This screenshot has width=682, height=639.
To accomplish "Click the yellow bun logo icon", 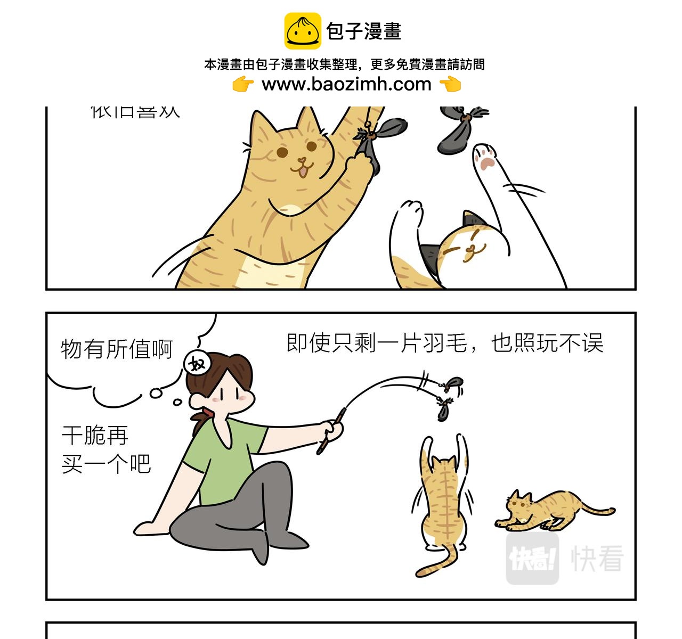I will click(303, 31).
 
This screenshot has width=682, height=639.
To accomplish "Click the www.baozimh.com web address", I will click(346, 84).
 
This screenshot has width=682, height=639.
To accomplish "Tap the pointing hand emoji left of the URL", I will click(243, 84).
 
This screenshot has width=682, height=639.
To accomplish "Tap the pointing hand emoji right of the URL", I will click(450, 84).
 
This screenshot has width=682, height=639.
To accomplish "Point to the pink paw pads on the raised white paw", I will click(485, 159).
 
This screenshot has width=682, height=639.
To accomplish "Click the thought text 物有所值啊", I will click(117, 349).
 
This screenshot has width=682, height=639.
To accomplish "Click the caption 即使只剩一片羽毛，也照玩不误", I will click(445, 343).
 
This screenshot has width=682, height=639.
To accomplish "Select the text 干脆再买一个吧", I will click(106, 450).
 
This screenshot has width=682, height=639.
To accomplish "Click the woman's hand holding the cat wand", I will click(332, 429).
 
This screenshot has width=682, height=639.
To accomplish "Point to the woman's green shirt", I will click(224, 458).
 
